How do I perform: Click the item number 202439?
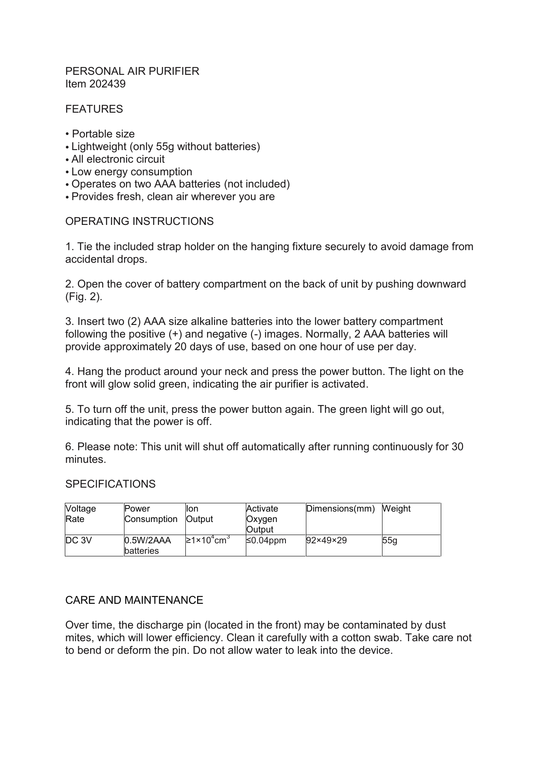tap(107, 84)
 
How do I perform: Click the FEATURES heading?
tap(94, 109)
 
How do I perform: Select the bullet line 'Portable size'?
tap(103, 134)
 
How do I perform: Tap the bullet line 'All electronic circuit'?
tap(118, 159)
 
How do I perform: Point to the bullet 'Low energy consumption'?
tap(131, 172)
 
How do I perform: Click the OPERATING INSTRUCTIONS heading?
tap(139, 221)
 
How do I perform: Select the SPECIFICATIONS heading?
tap(110, 484)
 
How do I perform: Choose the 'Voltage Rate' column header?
tap(81, 514)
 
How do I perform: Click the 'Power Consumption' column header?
tap(151, 514)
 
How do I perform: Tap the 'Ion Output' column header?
tap(199, 514)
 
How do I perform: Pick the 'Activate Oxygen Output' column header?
tap(262, 519)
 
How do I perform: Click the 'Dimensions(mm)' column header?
tap(340, 509)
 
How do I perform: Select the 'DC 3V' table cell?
tap(79, 541)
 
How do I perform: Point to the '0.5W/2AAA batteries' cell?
tap(148, 545)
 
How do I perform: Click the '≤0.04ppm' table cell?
tap(266, 541)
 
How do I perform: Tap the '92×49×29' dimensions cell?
tap(326, 541)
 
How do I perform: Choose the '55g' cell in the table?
tap(389, 541)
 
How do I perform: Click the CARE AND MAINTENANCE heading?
tap(134, 600)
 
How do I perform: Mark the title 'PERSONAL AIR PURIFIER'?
tap(132, 71)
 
